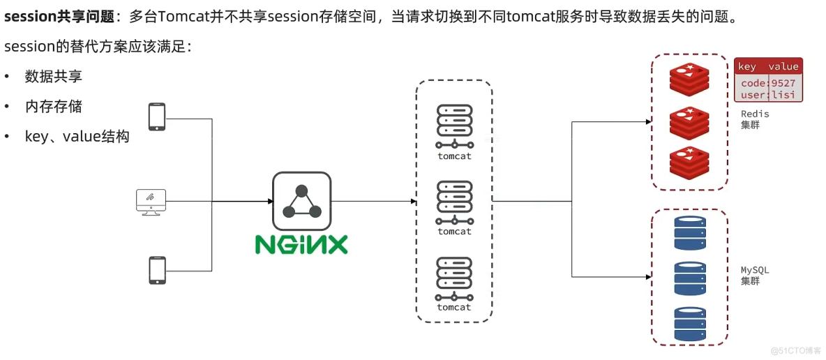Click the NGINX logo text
click(x=301, y=244)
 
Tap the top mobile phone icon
click(x=157, y=117)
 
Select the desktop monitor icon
click(x=151, y=202)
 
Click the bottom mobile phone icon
click(x=157, y=270)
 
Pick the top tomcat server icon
click(x=454, y=126)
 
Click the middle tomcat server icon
click(x=454, y=202)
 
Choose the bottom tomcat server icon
click(x=454, y=278)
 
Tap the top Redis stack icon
click(x=689, y=80)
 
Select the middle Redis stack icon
click(x=689, y=123)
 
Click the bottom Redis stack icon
click(x=689, y=162)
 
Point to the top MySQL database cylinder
click(x=690, y=233)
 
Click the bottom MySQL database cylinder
click(x=690, y=324)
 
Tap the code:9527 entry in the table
click(x=767, y=83)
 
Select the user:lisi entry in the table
click(x=767, y=94)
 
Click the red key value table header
click(x=767, y=66)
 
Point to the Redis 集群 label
click(x=755, y=119)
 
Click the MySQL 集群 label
click(x=755, y=275)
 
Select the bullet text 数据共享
click(x=54, y=76)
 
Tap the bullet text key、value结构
click(x=77, y=137)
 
